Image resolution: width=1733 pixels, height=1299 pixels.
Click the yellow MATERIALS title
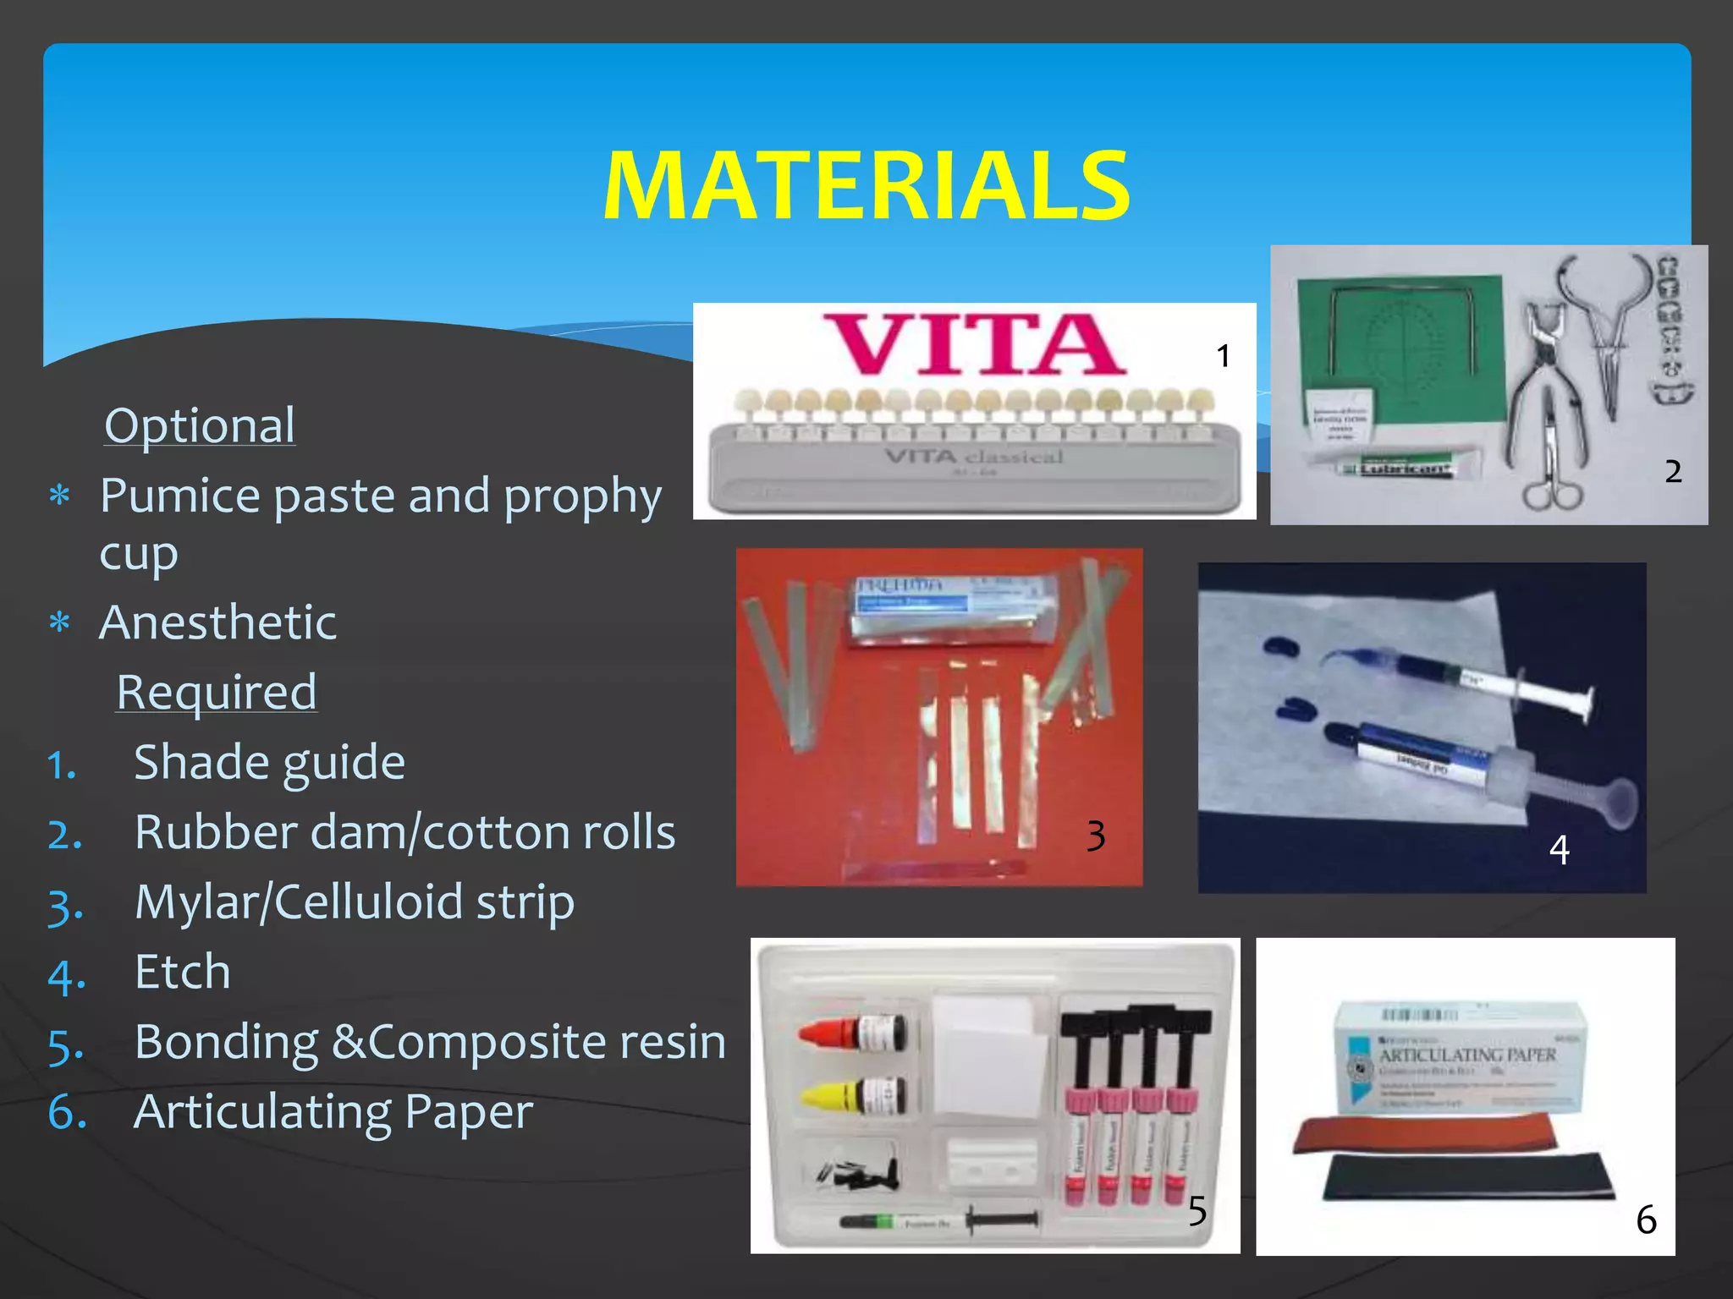(x=866, y=186)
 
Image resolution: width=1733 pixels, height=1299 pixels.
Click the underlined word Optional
(x=200, y=425)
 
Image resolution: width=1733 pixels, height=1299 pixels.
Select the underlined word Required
(x=217, y=692)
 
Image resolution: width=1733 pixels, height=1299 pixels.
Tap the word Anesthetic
(x=218, y=622)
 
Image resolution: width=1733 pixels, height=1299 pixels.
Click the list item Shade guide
(x=270, y=762)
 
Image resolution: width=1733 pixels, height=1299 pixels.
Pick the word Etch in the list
(x=183, y=971)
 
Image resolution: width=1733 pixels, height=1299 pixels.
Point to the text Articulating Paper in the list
(x=333, y=1111)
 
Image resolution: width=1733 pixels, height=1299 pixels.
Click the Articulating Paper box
(x=1461, y=1057)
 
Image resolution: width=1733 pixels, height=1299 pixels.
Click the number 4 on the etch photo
(x=1559, y=850)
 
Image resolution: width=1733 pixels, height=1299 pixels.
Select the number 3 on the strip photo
(x=1096, y=836)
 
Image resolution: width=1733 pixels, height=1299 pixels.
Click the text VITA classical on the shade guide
(x=973, y=458)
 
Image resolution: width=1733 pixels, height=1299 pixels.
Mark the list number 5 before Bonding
(x=66, y=1046)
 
